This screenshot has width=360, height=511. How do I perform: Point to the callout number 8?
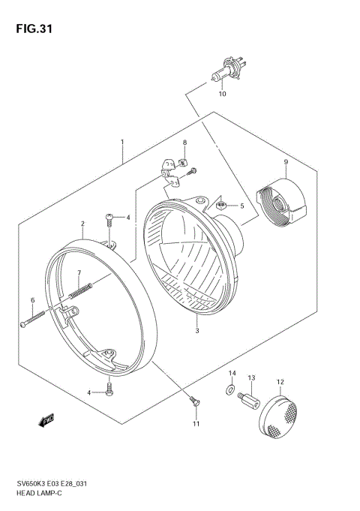[184, 143]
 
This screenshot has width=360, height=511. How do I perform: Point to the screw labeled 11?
[193, 403]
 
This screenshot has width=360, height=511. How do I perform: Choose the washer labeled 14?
[226, 389]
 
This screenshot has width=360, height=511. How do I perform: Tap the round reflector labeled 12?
[281, 415]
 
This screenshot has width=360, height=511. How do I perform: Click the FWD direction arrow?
[46, 422]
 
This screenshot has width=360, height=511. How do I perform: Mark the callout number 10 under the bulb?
[221, 95]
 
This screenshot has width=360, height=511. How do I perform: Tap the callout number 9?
[285, 162]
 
